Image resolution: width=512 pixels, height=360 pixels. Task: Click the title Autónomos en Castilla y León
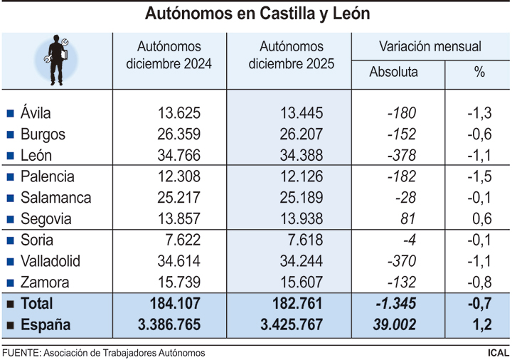coord(257,14)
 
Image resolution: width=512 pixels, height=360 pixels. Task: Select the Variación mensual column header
coord(430,47)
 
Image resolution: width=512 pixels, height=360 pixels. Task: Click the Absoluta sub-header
coord(394,72)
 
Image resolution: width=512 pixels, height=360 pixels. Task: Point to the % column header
coord(479,72)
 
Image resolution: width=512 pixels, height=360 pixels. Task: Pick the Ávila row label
coord(36,112)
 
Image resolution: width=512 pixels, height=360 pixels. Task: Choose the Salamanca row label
coord(55,198)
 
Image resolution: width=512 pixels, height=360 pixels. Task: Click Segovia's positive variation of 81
coord(407,219)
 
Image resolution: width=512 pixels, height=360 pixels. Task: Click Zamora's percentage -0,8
coord(480,282)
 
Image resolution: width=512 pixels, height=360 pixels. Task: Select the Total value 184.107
coord(175,304)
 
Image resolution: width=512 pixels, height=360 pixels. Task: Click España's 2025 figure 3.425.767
coord(291,325)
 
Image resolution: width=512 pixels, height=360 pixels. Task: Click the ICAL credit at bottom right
coord(498,352)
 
